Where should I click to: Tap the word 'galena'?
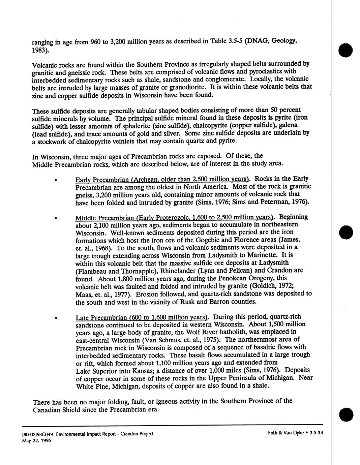click(x=288, y=125)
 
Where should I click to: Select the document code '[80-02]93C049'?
click(x=38, y=434)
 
